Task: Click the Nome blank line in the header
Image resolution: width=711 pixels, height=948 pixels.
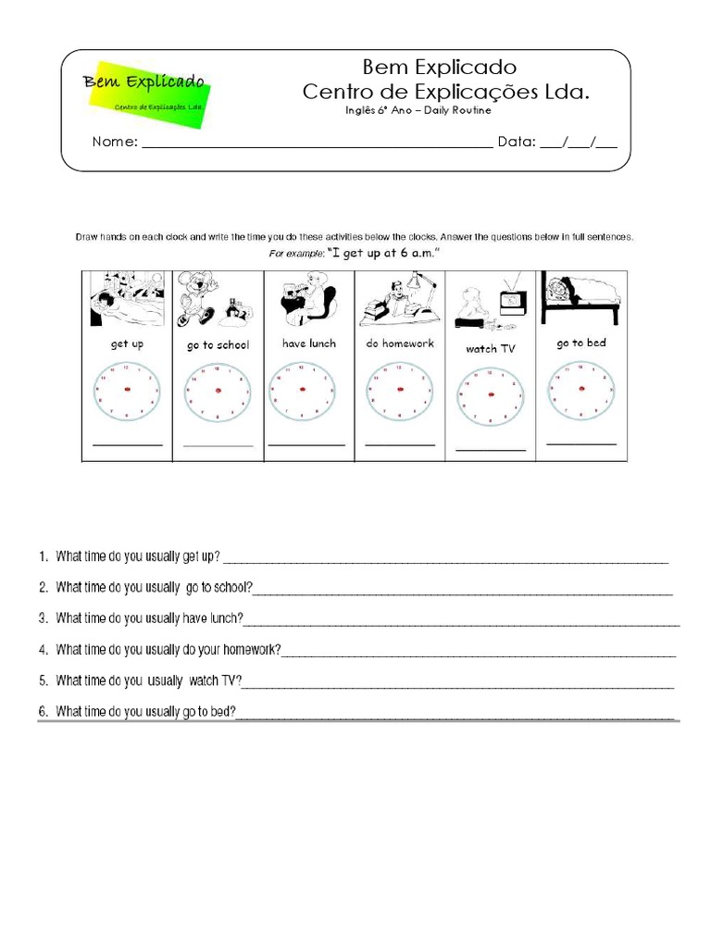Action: tap(316, 146)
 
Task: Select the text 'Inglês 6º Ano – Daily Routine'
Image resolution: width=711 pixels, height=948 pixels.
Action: tap(418, 111)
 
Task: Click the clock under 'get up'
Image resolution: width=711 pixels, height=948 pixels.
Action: tap(127, 391)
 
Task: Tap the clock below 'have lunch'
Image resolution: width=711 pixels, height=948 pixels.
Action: tap(302, 391)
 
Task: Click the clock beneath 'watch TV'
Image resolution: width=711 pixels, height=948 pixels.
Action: tap(490, 395)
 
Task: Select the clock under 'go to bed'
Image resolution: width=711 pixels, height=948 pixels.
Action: tap(580, 390)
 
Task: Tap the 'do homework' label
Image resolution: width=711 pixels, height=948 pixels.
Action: tap(400, 343)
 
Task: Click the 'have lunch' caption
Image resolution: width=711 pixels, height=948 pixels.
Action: tap(309, 343)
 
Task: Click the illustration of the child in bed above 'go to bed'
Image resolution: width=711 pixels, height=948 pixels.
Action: tap(580, 294)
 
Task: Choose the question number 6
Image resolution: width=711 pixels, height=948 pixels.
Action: tap(43, 712)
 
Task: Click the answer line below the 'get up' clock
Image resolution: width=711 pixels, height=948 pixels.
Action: tap(128, 445)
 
